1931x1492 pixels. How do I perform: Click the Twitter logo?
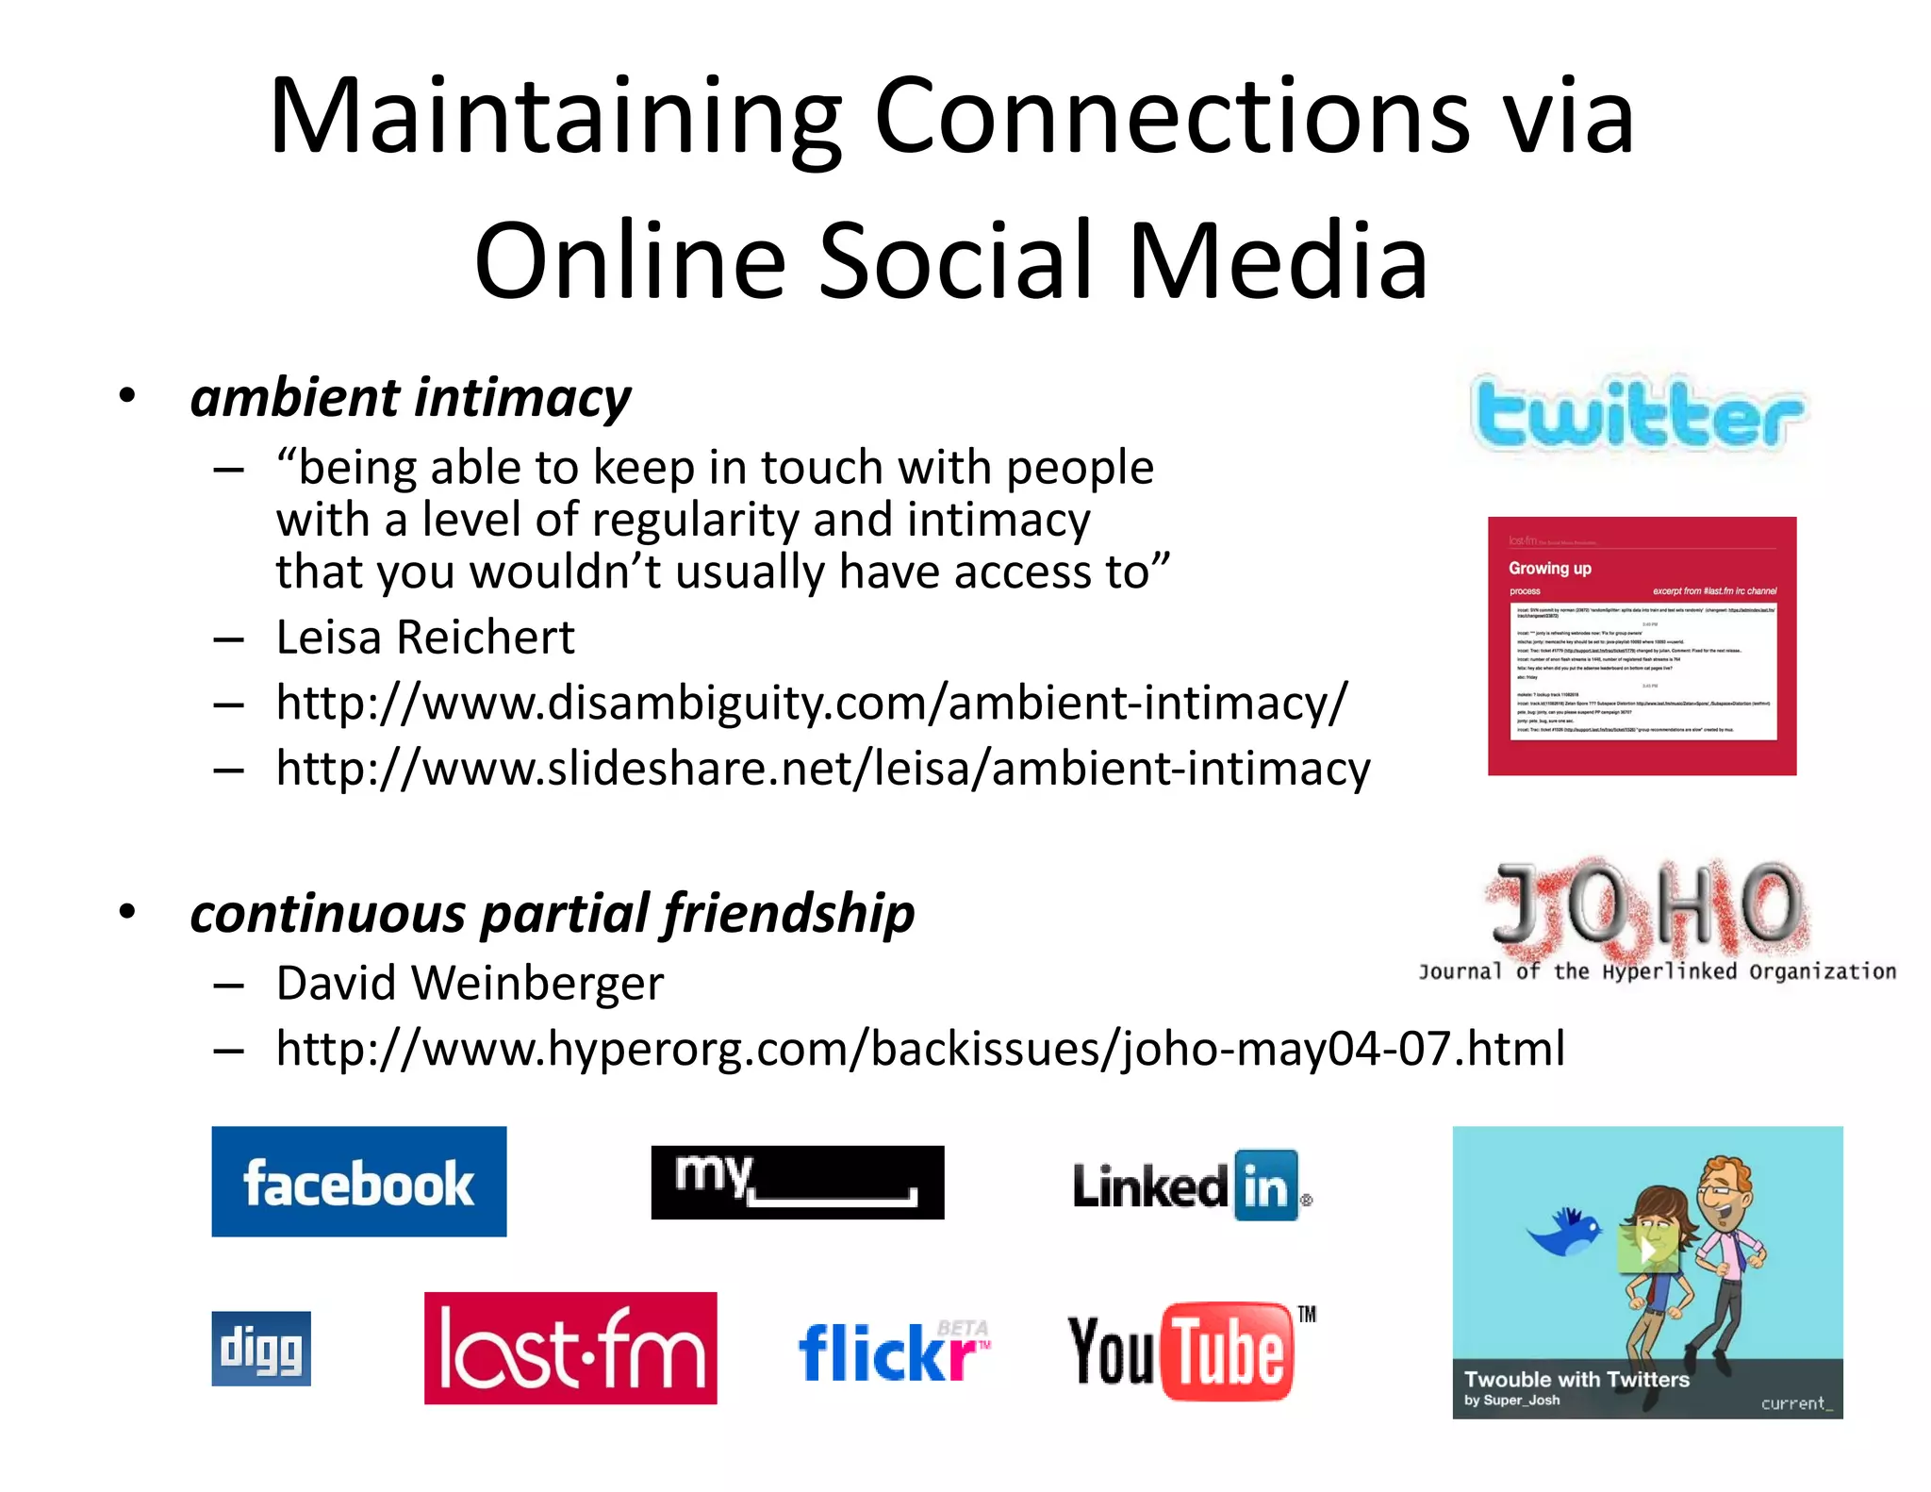point(1638,415)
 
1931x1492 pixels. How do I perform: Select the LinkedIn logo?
point(1191,1185)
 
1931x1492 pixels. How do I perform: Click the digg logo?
point(261,1348)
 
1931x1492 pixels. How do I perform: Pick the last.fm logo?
point(569,1348)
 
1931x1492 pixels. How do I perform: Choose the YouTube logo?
point(1188,1351)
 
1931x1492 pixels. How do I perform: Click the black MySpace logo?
point(797,1182)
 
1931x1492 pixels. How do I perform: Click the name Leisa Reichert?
point(424,638)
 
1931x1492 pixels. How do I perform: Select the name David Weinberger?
point(470,984)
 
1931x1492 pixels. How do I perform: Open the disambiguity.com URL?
point(811,703)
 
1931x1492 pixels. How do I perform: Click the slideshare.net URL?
point(822,769)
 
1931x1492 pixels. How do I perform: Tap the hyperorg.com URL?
point(919,1049)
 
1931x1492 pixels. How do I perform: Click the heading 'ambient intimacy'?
point(410,397)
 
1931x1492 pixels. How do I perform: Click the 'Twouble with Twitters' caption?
point(1576,1379)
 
